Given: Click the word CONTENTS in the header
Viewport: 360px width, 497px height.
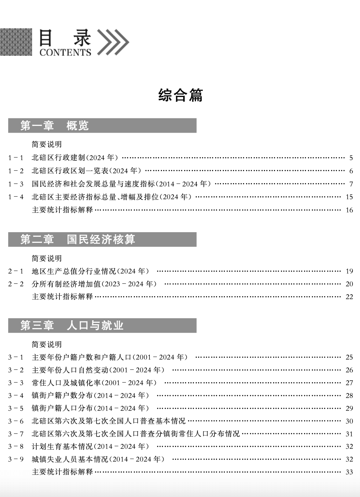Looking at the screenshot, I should point(65,52).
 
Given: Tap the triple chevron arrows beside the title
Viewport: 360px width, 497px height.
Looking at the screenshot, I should point(113,42).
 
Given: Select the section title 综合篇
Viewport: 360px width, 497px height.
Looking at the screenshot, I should point(180,95).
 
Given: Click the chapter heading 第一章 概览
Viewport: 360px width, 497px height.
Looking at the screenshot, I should point(54,125).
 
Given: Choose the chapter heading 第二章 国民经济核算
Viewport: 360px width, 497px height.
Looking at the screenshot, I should point(78,239).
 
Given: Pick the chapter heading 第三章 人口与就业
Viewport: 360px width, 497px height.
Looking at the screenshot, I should point(72,325).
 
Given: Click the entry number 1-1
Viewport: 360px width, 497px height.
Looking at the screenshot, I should point(16,158).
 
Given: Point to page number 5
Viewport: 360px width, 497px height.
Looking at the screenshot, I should point(351,158).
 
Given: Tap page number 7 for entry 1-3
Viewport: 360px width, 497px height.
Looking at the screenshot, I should point(351,184).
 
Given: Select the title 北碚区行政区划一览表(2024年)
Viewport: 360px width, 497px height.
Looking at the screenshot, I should point(86,171).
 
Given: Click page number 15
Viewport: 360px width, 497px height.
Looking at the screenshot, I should point(349,197).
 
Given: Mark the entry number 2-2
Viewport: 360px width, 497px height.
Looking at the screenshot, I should point(16,284).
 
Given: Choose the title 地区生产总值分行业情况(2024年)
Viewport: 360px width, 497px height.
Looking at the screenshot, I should point(90,271).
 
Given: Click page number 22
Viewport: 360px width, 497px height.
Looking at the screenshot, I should point(349,297).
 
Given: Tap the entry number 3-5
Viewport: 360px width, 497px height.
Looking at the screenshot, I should point(16,408).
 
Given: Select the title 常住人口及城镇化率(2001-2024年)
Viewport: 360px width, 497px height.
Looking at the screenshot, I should point(94,383).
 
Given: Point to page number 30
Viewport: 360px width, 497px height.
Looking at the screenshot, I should point(349,421).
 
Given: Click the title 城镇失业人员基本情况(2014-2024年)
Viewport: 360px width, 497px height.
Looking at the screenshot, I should point(98,459).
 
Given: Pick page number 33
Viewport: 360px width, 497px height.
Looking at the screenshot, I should point(349,472).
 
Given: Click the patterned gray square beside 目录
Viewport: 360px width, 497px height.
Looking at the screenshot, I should point(16,42).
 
